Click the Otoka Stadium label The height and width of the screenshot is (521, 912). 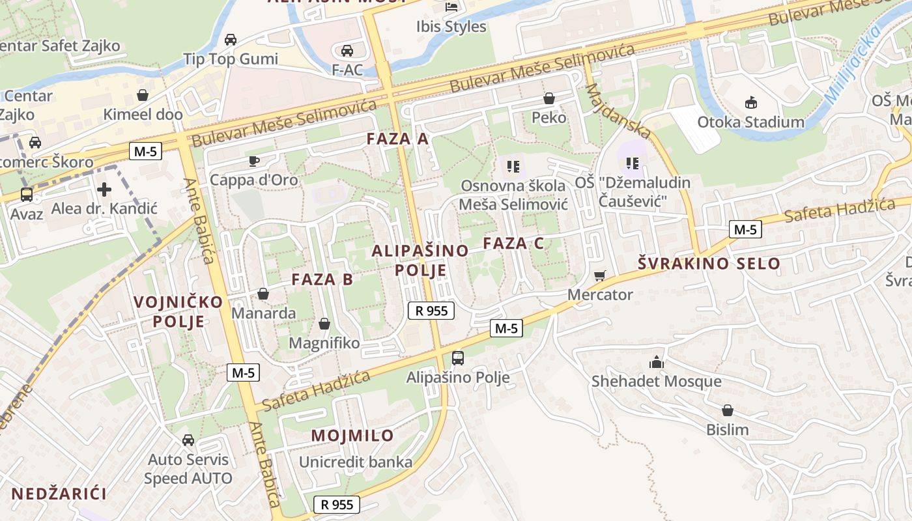coord(750,122)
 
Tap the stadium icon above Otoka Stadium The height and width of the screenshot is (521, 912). coord(751,102)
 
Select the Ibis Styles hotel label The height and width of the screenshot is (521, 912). coord(451,27)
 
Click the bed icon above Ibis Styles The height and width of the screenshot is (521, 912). coord(451,7)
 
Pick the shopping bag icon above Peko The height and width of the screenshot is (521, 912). coord(549,98)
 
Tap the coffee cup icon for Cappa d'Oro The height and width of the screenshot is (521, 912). coord(254,161)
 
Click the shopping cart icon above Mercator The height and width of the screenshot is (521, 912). coord(600,275)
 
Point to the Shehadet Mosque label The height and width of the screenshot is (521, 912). coord(656,381)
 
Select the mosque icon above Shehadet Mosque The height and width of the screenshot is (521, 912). coord(657,362)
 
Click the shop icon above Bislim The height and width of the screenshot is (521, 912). coord(728,410)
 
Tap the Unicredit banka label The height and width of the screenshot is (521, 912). coord(356,462)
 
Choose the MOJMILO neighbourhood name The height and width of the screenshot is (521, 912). coord(352,436)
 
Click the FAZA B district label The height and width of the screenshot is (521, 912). coord(322,279)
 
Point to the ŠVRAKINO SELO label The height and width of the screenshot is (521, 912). coord(709,264)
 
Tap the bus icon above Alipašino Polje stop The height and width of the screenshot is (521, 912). coord(458,358)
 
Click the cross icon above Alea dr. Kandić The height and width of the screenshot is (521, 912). coord(104,190)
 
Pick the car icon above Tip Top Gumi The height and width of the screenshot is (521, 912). coord(230,40)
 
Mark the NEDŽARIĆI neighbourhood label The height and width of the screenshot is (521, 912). coord(59,494)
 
